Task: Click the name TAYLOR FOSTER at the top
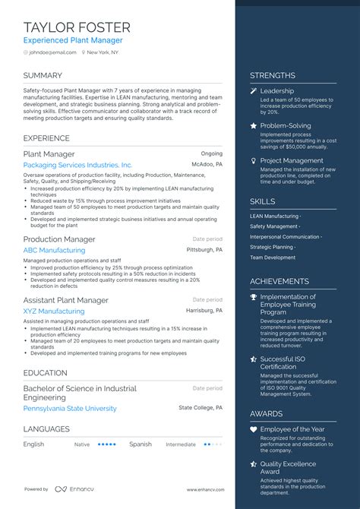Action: [x=77, y=27]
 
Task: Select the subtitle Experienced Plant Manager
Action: [x=72, y=40]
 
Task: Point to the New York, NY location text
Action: [x=104, y=52]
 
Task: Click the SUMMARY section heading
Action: [x=43, y=75]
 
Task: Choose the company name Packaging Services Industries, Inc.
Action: [x=77, y=165]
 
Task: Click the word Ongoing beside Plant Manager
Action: [x=211, y=153]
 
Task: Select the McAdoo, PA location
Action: [x=207, y=164]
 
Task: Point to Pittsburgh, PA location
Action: [x=204, y=249]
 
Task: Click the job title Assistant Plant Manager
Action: [x=65, y=300]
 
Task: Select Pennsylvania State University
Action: [x=70, y=408]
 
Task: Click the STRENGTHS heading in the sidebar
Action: [x=273, y=75]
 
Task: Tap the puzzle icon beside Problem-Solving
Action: [x=254, y=126]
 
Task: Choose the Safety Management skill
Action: [x=273, y=226]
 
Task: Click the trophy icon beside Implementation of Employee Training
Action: [x=254, y=297]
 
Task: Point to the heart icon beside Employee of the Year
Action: [x=254, y=429]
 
